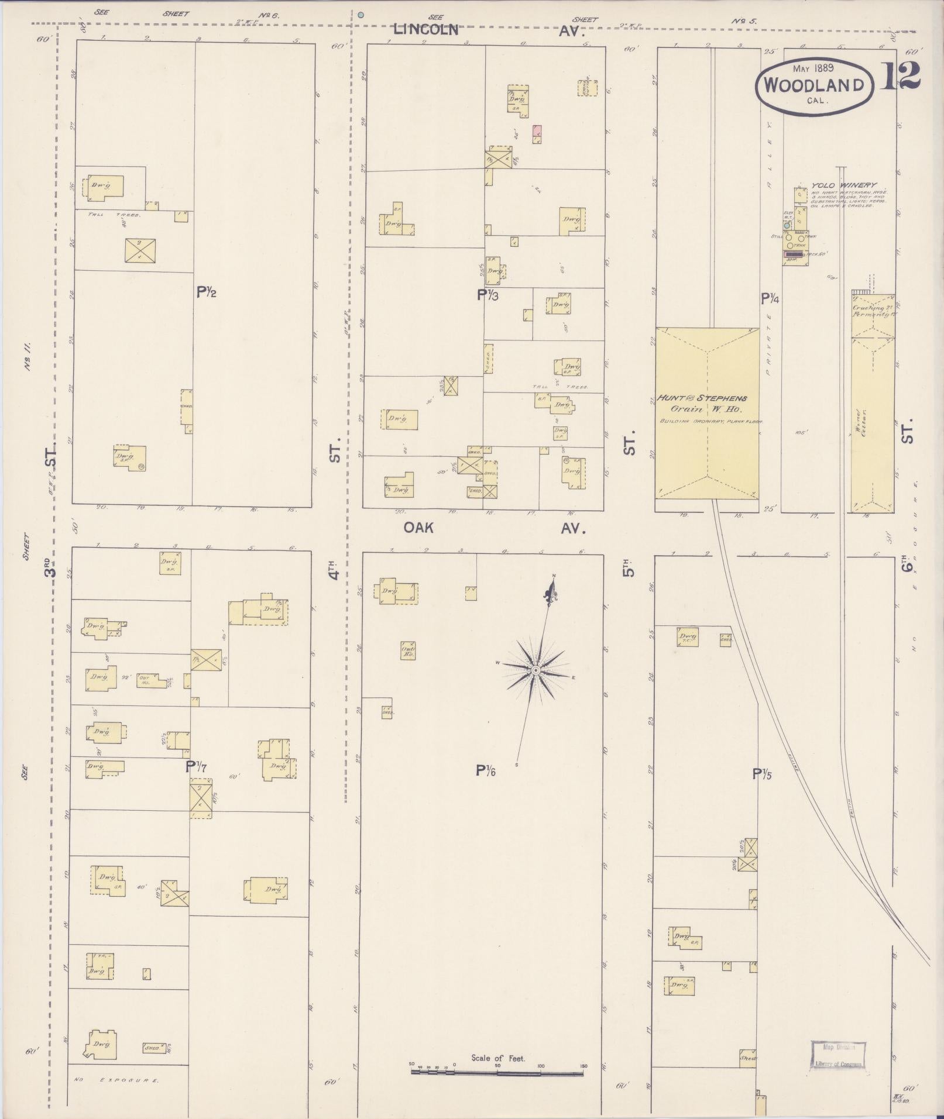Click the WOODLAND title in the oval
tap(813, 85)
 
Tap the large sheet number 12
tap(900, 75)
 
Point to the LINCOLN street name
tap(425, 29)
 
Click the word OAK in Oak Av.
tap(418, 528)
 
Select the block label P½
tap(206, 292)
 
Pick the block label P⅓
tap(487, 295)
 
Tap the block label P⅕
tap(762, 774)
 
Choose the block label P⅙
tap(486, 771)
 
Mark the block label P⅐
tap(197, 766)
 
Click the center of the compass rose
tap(535, 669)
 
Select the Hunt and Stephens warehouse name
tap(701, 398)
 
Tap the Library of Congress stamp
tap(838, 1055)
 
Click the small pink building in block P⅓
tap(536, 134)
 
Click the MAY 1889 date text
tap(813, 68)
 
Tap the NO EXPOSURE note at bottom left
tap(116, 1080)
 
